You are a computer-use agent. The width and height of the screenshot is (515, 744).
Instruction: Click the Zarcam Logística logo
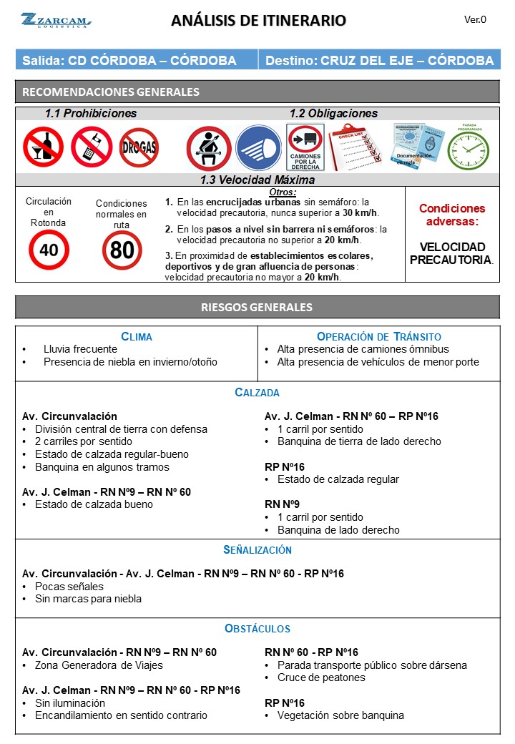pos(55,20)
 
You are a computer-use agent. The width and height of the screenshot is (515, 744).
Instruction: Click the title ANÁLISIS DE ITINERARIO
pos(258,21)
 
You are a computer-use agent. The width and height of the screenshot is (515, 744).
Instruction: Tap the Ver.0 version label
pos(475,20)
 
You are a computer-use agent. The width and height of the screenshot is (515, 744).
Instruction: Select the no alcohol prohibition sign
pos(43,147)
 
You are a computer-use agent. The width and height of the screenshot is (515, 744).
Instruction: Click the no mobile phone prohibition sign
pos(91,147)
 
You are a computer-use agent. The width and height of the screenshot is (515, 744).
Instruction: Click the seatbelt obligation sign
pos(208,148)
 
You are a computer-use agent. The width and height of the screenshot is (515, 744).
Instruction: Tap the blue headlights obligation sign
pos(258,148)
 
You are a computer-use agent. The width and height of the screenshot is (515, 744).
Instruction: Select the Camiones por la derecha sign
pos(305,147)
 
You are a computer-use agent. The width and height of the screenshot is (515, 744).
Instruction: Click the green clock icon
pos(469,150)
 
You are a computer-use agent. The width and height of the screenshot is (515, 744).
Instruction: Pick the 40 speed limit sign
pos(49,250)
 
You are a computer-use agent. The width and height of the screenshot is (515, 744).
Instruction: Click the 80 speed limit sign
pos(122,250)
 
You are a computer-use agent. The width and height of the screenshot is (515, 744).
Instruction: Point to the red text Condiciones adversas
pos(451,215)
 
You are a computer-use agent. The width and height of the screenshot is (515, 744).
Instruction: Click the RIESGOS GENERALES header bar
pos(257,308)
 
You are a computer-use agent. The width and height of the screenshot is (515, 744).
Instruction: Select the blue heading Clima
pos(137,337)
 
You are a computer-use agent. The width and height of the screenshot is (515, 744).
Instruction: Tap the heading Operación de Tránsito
pos(378,337)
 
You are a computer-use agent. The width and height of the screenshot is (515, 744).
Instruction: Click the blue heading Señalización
pos(257,550)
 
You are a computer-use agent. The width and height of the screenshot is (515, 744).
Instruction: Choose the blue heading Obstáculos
pos(257,629)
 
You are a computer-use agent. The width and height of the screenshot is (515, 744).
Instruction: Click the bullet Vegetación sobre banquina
pos(340,715)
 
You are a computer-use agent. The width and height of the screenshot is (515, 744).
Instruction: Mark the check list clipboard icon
pos(355,147)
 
